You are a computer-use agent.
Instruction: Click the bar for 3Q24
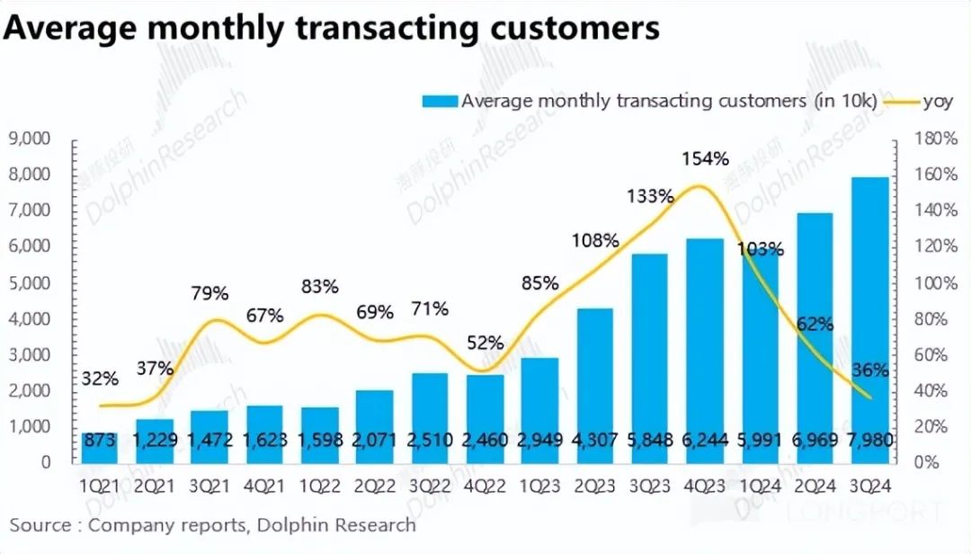click(x=870, y=319)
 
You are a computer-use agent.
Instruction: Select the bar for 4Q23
click(x=704, y=351)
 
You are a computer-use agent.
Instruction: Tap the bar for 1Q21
click(x=99, y=447)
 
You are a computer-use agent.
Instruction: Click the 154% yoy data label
click(x=706, y=159)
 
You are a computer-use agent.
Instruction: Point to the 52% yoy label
click(x=485, y=343)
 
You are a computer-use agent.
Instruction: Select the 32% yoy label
click(x=100, y=379)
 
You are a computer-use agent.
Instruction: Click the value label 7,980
click(x=870, y=442)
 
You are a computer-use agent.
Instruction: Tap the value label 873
click(x=99, y=442)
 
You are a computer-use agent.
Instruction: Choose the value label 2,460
click(x=485, y=442)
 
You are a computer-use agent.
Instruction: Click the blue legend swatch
click(x=440, y=101)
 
